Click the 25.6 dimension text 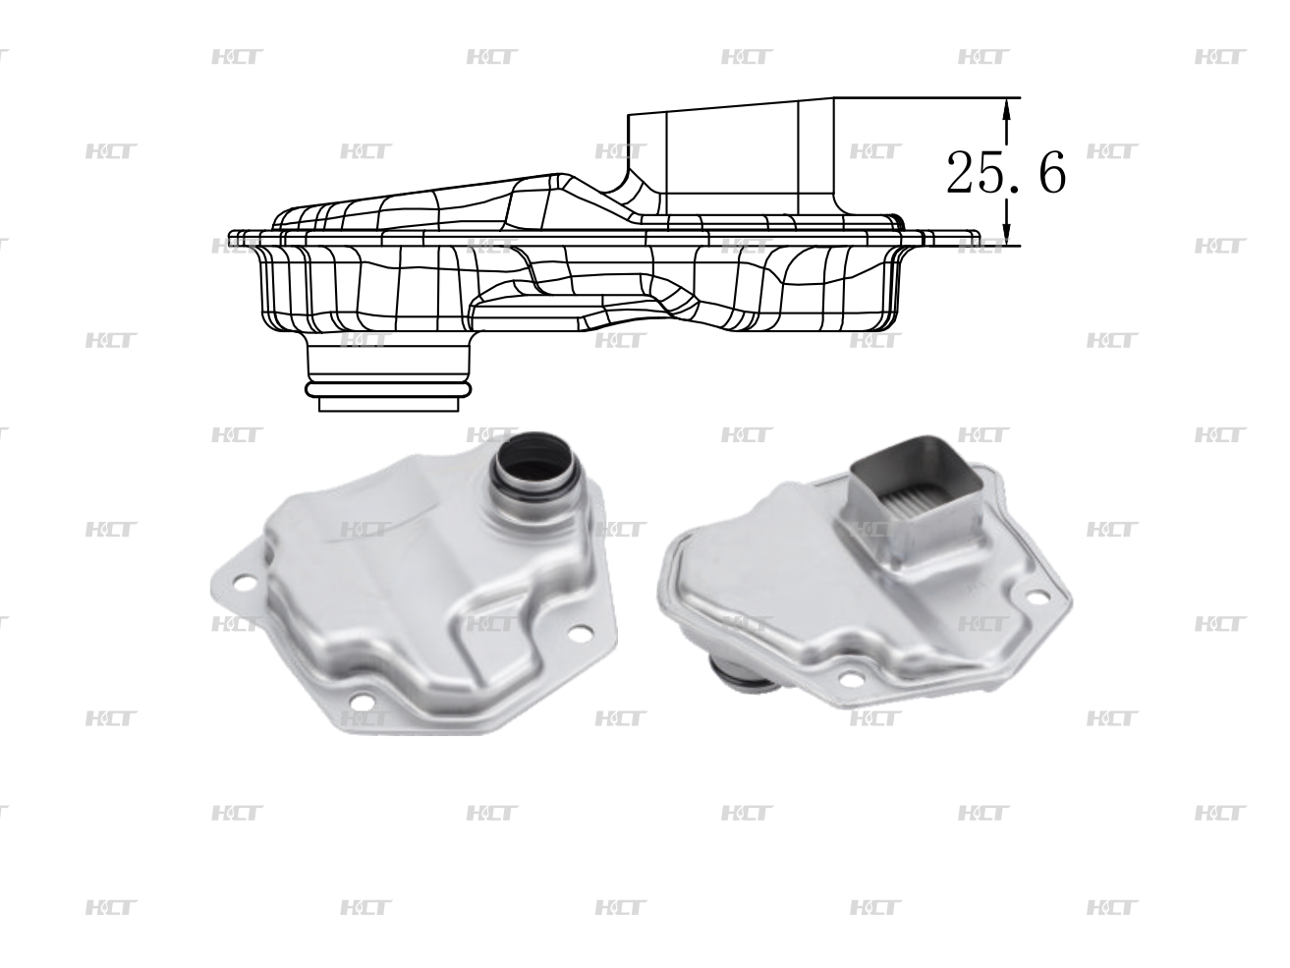pyautogui.click(x=1005, y=174)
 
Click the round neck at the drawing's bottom pyautogui.click(x=389, y=369)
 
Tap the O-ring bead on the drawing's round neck pyautogui.click(x=389, y=391)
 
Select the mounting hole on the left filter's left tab pyautogui.click(x=248, y=587)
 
